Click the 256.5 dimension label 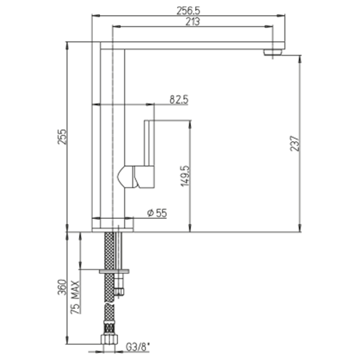pos(189,11)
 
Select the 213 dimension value pos(193,22)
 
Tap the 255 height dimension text pos(62,137)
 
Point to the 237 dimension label pos(295,143)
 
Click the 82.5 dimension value pos(179,99)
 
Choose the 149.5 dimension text pos(185,176)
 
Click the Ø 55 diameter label pos(157,213)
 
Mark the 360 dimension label pos(62,287)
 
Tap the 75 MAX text pos(75,297)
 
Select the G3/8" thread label pos(138,347)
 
